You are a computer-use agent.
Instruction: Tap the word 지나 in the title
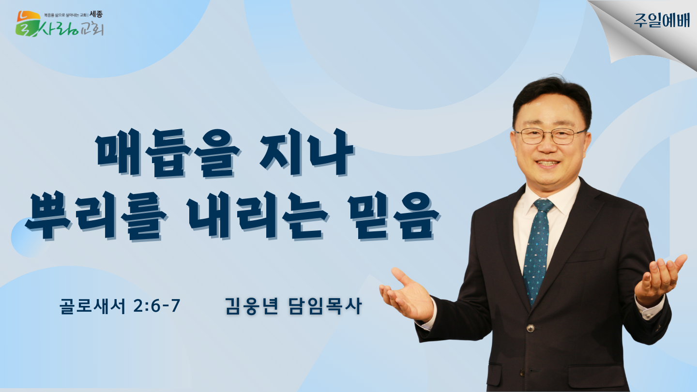tap(306, 152)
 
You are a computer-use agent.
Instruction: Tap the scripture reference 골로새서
tap(92, 305)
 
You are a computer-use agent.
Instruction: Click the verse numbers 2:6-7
tap(156, 305)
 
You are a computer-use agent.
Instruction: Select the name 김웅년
tap(251, 305)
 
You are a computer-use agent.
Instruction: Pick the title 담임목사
tap(325, 305)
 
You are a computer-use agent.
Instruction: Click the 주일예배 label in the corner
tap(662, 20)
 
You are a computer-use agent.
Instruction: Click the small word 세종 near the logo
tap(96, 15)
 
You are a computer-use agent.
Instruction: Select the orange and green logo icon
tap(28, 24)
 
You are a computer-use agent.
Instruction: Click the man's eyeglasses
tap(549, 136)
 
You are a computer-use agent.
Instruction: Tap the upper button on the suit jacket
tap(531, 328)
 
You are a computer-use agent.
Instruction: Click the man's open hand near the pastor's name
tap(405, 294)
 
